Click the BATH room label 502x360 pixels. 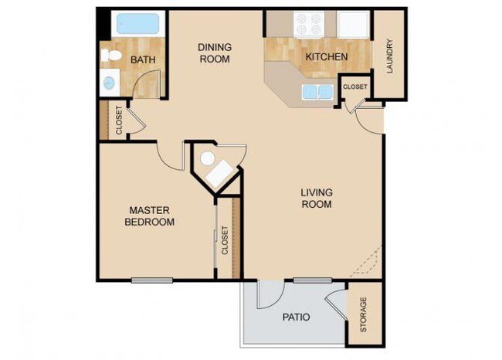coord(144,59)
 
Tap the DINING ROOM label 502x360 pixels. coord(215,53)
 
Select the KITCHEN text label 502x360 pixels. coord(326,57)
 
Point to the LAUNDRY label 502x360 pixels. coord(390,57)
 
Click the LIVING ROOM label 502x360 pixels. coord(316,199)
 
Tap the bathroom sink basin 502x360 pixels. coord(109,81)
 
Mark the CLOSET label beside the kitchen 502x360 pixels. coord(355,87)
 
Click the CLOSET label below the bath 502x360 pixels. coord(119,121)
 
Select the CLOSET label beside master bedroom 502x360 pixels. coord(225,240)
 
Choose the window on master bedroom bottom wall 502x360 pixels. coord(151,280)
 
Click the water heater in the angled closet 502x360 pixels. coord(207,159)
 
